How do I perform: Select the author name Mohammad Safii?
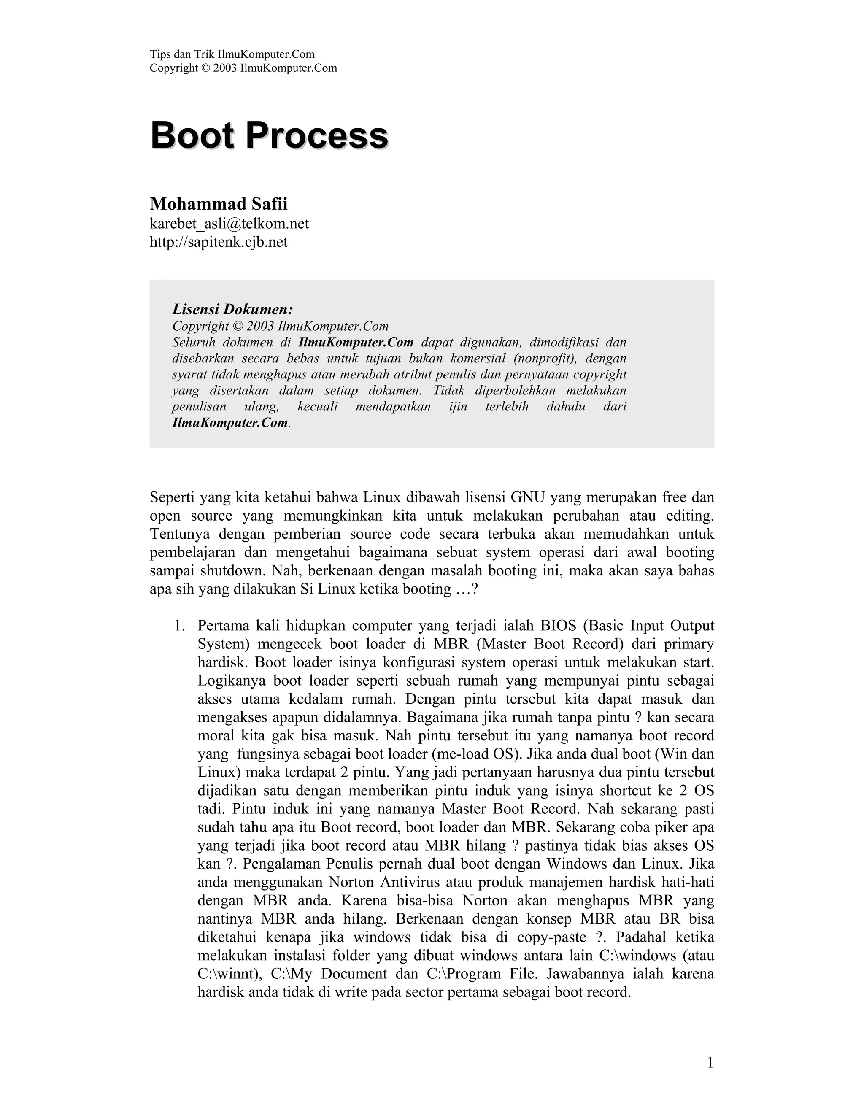tap(219, 204)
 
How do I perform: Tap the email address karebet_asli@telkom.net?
tap(229, 224)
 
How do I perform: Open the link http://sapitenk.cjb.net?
tap(219, 242)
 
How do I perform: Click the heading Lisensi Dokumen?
tap(232, 309)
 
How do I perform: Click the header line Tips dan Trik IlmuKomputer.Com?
tap(232, 54)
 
